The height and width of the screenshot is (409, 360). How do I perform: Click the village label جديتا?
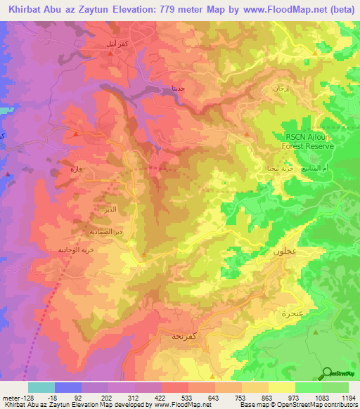179,89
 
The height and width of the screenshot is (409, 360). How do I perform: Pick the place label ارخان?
280,89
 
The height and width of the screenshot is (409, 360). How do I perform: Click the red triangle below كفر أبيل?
110,72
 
